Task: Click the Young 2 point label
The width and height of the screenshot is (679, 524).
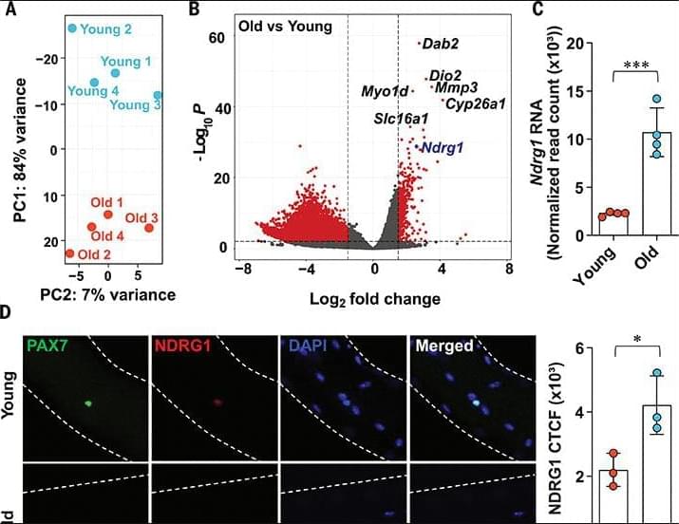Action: [x=106, y=29]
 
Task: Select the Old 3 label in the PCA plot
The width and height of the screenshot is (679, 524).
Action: [x=141, y=218]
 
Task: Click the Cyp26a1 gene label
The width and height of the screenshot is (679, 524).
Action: [x=475, y=103]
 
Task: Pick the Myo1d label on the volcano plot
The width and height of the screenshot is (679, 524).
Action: [x=384, y=91]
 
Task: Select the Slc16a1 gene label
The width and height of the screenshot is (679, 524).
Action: [x=400, y=119]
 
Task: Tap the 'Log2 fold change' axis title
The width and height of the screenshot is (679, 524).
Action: [x=374, y=299]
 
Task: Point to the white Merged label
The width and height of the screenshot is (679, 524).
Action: [x=444, y=346]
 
